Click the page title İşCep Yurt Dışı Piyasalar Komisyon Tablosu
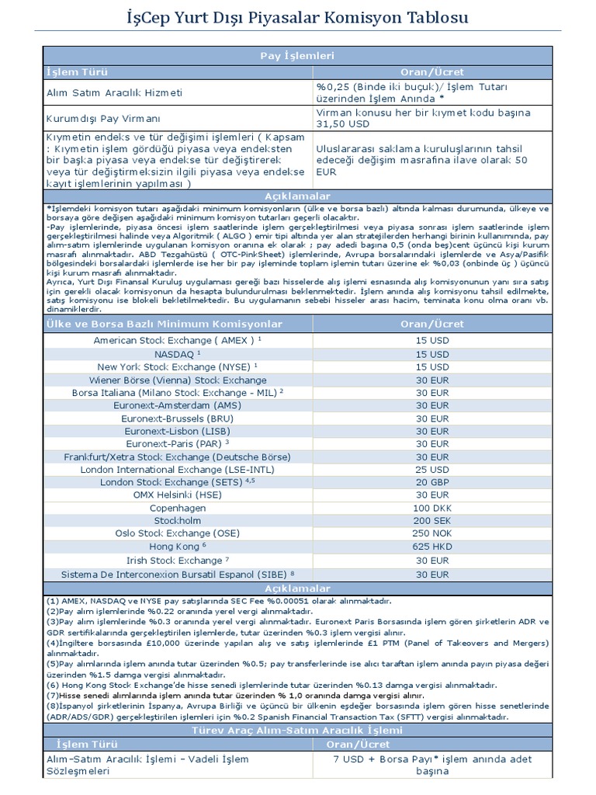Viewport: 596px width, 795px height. click(x=297, y=16)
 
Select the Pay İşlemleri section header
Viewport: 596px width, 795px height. click(x=297, y=55)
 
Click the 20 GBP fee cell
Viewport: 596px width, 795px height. click(x=431, y=483)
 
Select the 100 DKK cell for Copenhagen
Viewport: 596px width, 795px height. click(x=431, y=509)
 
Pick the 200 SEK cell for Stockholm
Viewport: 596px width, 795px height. click(x=431, y=521)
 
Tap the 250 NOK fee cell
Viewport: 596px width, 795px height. click(x=431, y=534)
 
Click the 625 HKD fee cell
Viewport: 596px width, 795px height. click(x=431, y=547)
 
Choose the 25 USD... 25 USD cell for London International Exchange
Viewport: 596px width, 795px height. click(x=431, y=470)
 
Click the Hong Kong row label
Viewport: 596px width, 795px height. click(x=177, y=547)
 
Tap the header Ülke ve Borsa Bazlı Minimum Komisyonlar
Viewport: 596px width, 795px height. click(x=165, y=324)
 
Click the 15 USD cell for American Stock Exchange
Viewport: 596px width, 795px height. click(x=431, y=341)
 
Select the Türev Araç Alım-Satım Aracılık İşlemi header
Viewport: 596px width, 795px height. click(x=297, y=731)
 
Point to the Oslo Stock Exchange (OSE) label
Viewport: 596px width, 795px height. click(x=177, y=534)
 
